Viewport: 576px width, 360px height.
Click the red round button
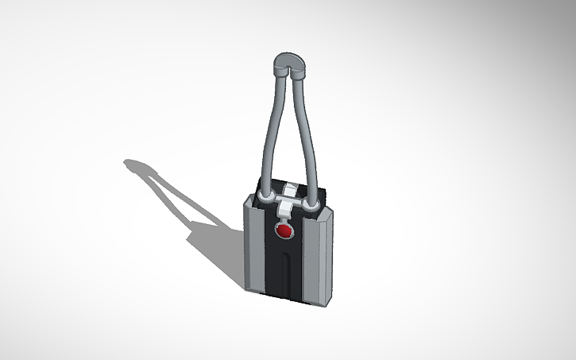(284, 231)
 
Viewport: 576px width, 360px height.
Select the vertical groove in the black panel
(284, 274)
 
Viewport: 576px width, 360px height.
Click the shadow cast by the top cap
(135, 166)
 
